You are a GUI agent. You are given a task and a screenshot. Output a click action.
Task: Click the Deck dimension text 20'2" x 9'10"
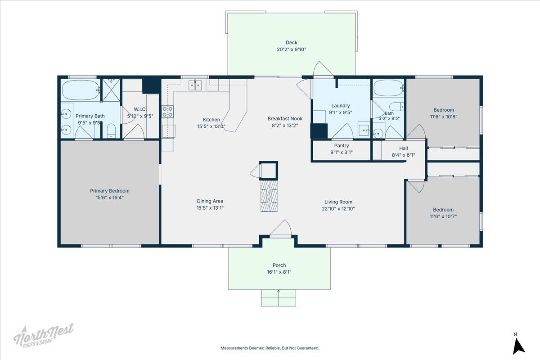pyautogui.click(x=292, y=49)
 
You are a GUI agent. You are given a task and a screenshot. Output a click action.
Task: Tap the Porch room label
pyautogui.click(x=279, y=265)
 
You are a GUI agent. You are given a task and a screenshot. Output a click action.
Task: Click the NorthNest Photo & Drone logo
pyautogui.click(x=43, y=335)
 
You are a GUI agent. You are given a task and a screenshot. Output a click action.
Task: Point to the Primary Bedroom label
pyautogui.click(x=110, y=191)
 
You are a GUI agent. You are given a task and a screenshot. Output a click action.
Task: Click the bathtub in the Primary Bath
pyautogui.click(x=81, y=90)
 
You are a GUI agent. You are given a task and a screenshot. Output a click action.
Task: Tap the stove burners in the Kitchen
pyautogui.click(x=167, y=112)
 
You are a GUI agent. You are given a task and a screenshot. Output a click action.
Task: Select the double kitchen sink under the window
pyautogui.click(x=195, y=85)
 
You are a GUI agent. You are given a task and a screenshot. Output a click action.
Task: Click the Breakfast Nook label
pyautogui.click(x=285, y=119)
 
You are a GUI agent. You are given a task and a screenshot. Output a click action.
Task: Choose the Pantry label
pyautogui.click(x=342, y=146)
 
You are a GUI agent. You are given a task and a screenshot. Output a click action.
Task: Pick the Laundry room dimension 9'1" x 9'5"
pyautogui.click(x=340, y=112)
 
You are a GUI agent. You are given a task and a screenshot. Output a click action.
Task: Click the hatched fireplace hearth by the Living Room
pyautogui.click(x=269, y=196)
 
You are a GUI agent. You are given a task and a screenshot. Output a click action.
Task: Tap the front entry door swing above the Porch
pyautogui.click(x=281, y=228)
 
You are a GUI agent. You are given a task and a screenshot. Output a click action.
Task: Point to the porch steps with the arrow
pyautogui.click(x=279, y=298)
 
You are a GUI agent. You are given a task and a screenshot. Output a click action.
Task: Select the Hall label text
pyautogui.click(x=404, y=148)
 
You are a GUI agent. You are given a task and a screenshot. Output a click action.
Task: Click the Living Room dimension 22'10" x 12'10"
pyautogui.click(x=338, y=208)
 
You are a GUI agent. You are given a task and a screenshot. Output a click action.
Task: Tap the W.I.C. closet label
pyautogui.click(x=140, y=109)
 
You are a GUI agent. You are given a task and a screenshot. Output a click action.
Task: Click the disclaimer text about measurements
pyautogui.click(x=270, y=348)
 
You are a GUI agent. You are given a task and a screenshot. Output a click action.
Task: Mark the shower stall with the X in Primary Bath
pyautogui.click(x=111, y=90)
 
